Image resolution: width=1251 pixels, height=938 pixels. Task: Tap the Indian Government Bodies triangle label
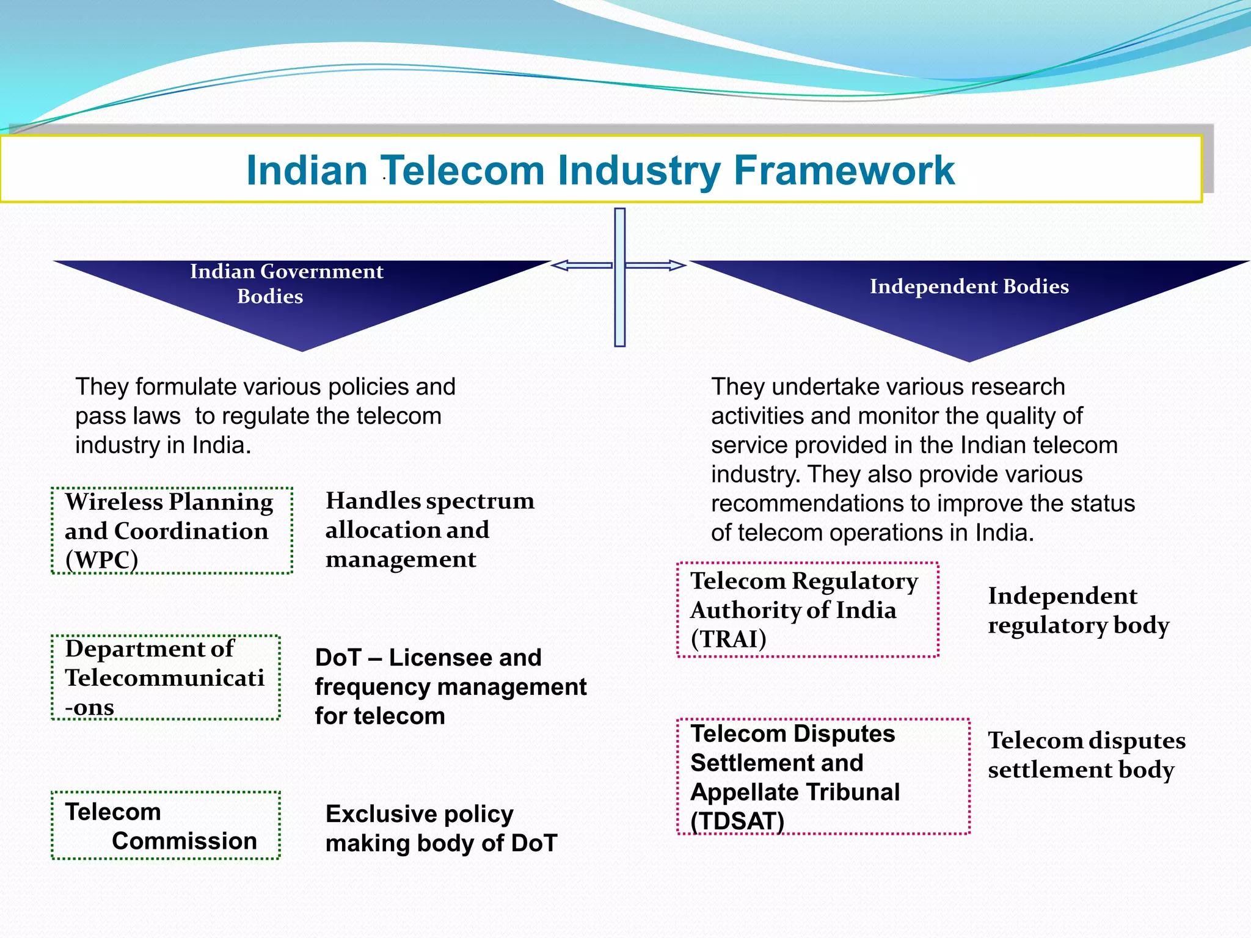tap(286, 284)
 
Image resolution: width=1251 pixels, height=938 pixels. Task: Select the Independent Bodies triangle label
tap(969, 286)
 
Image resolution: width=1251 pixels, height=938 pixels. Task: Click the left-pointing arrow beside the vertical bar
tap(582, 265)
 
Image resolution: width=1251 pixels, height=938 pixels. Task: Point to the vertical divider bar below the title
tap(619, 305)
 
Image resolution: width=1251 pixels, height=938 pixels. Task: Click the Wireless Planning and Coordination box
tap(172, 531)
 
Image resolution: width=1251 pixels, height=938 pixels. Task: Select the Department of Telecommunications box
tap(166, 678)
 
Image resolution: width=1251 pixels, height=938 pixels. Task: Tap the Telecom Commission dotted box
tap(166, 826)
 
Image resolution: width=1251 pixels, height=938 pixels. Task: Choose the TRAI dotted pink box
tap(808, 610)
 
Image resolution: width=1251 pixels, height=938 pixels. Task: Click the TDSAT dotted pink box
tap(823, 777)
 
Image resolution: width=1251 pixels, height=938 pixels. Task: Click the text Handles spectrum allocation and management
tap(429, 529)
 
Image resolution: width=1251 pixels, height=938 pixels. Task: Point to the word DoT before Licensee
tap(338, 658)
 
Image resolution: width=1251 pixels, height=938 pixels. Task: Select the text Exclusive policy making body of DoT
tap(441, 829)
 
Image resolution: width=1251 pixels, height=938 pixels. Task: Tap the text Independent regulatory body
tap(1078, 610)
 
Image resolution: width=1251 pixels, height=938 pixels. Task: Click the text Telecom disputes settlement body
tap(1086, 755)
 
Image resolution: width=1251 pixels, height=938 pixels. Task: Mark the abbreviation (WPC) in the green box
tap(101, 559)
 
